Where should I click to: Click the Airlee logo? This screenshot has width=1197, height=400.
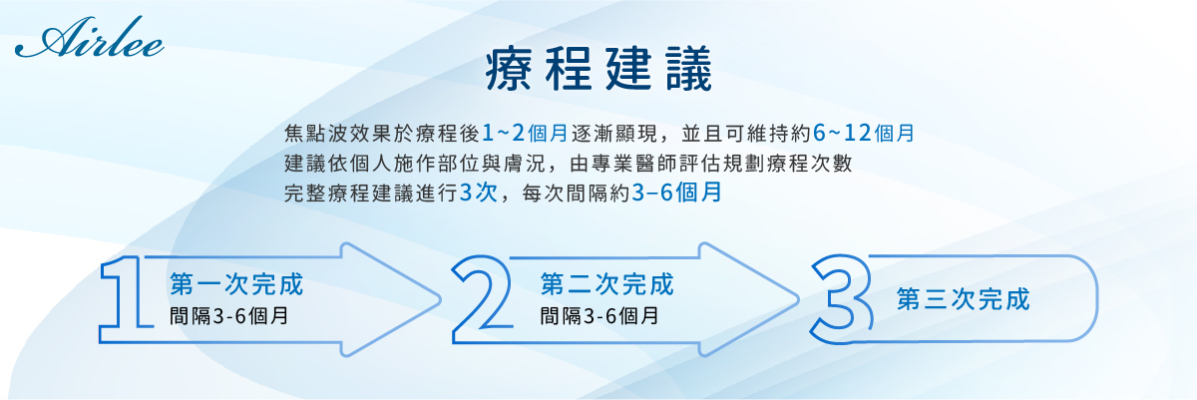pos(89,37)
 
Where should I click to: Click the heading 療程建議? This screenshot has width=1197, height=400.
pos(599,69)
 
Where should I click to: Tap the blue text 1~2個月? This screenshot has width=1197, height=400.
pos(525,133)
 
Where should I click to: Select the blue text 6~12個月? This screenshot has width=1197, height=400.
pos(863,133)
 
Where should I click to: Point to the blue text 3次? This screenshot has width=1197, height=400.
pos(478,193)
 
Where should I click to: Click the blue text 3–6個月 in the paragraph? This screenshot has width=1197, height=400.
pos(676,193)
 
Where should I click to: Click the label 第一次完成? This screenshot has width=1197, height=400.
pos(236,283)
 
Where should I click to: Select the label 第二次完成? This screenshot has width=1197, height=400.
pos(607,283)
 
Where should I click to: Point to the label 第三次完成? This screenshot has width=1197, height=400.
pos(963,298)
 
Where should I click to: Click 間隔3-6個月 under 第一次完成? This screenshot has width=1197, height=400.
pos(228,315)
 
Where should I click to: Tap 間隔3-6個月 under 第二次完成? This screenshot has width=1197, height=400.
pos(599,315)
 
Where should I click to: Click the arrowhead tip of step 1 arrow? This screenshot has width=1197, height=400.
pos(441,299)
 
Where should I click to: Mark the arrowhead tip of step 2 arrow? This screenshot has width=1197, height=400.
pos(798,299)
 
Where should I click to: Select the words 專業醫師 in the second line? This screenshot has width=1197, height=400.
pos(634,163)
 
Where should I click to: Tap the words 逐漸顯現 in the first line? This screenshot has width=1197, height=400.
pos(614,133)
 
